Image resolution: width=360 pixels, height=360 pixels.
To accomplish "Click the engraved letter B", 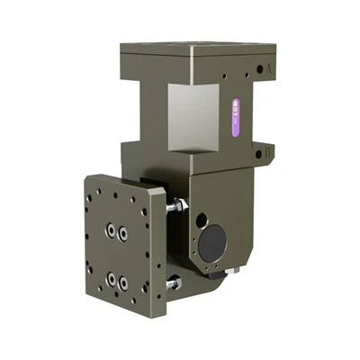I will tap(268, 153).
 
